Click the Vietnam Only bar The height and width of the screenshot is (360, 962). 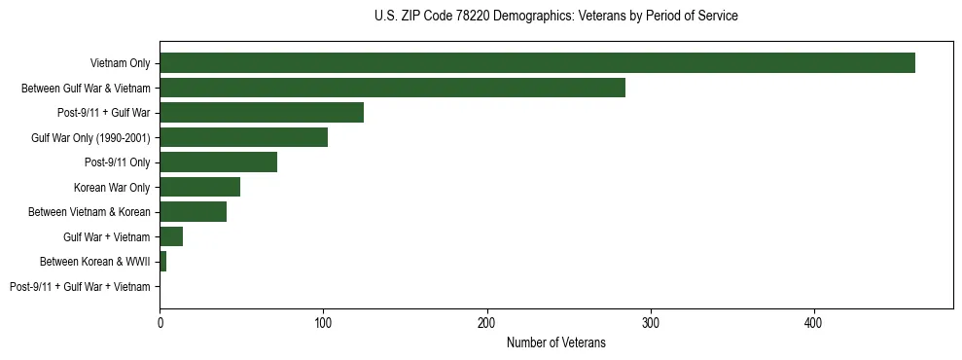pos(537,62)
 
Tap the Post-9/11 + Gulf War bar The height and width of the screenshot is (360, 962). pos(262,113)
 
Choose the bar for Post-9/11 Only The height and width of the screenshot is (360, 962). pos(218,162)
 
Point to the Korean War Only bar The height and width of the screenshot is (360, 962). pos(199,187)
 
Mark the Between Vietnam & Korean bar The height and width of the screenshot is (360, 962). pos(193,211)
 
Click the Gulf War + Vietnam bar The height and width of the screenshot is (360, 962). pos(171,236)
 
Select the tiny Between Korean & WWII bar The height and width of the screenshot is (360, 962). pos(162,262)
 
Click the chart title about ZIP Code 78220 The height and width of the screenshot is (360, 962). pos(555,17)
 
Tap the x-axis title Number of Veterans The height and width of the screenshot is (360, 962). pos(555,342)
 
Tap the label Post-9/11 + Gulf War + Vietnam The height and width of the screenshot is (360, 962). pos(80,287)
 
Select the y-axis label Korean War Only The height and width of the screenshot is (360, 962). pos(112,187)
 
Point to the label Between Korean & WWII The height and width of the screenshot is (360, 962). pos(94,262)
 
